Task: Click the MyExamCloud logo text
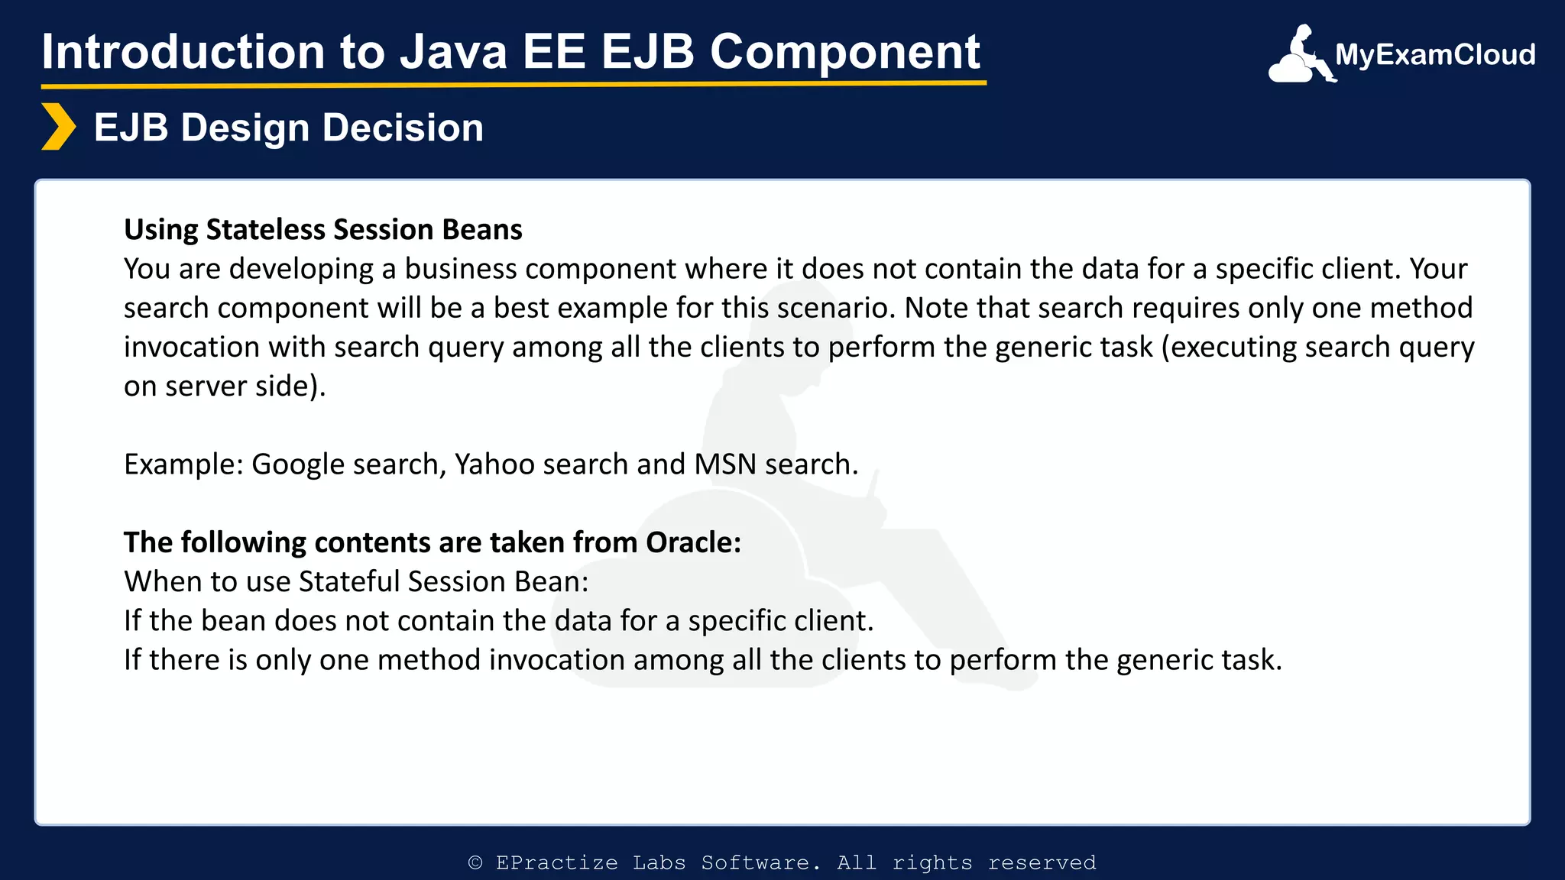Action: point(1434,55)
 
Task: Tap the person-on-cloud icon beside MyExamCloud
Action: point(1301,56)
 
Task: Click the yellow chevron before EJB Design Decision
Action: point(58,127)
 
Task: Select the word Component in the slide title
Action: point(844,52)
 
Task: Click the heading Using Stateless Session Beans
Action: point(322,229)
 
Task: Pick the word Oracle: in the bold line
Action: point(693,542)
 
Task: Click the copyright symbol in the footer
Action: point(475,862)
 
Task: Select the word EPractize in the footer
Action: point(556,862)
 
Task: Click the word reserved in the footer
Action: point(1042,862)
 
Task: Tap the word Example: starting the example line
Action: point(183,464)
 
